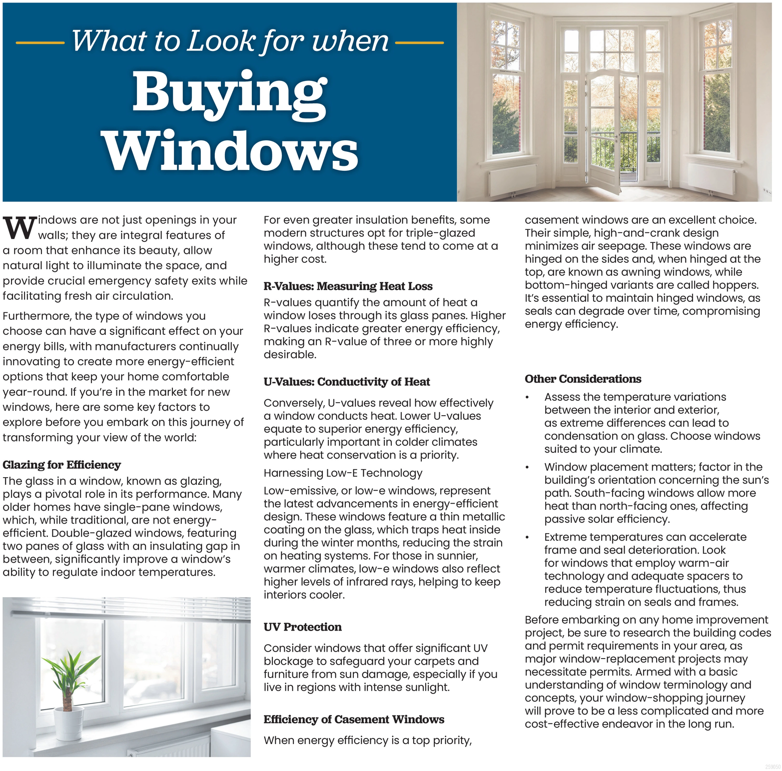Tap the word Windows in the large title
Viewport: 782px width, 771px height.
click(x=230, y=150)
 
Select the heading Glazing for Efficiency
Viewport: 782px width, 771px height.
click(x=61, y=465)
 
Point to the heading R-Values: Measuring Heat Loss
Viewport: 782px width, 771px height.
click(x=348, y=286)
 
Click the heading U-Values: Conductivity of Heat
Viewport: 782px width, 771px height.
click(x=347, y=382)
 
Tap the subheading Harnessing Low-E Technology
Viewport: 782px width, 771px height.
click(x=343, y=473)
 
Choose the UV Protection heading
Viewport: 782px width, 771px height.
click(x=302, y=627)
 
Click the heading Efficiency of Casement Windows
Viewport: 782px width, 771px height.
click(x=354, y=720)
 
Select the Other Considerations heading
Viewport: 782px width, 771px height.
click(x=583, y=379)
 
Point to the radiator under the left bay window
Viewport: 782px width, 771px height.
click(x=512, y=179)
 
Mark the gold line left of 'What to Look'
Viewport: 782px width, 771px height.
click(x=40, y=43)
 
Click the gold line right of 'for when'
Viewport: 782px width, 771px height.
click(x=419, y=43)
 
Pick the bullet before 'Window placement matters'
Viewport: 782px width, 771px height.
click(x=527, y=467)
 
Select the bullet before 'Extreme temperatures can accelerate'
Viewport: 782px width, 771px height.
click(x=527, y=537)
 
